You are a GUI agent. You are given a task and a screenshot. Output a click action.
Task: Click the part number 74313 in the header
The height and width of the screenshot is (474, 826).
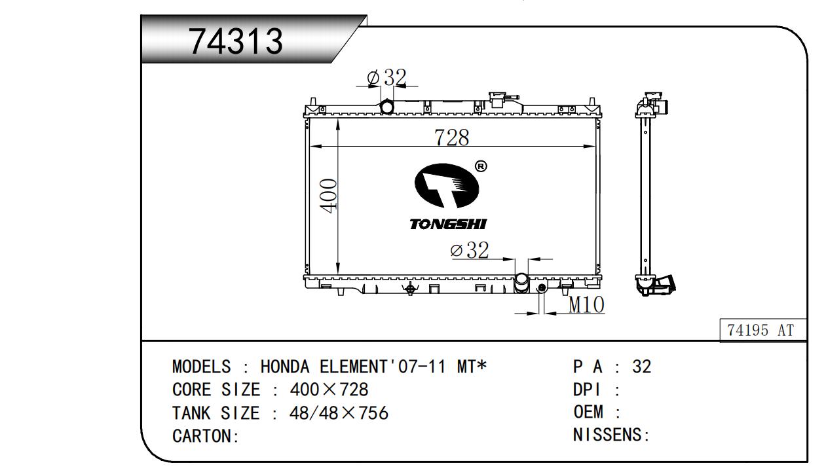point(236,41)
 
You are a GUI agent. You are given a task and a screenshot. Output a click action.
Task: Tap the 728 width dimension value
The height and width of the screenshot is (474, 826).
point(452,137)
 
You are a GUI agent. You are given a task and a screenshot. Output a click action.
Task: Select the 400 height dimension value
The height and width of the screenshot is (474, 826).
point(328,196)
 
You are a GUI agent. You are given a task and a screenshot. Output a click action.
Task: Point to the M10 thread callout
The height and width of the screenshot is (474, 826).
point(586,305)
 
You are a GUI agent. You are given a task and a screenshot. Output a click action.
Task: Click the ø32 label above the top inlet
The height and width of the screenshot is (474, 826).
point(387,77)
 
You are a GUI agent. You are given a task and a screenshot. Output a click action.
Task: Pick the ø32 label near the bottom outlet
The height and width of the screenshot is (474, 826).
point(470,250)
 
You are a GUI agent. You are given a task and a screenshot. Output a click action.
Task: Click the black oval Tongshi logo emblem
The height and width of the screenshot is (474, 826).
point(447,186)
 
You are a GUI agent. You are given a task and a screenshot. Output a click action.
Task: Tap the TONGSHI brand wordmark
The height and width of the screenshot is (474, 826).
point(449,224)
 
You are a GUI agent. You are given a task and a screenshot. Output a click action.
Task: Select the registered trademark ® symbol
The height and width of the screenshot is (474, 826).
point(481,166)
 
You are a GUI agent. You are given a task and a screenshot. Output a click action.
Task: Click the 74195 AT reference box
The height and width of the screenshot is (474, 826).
point(763,330)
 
